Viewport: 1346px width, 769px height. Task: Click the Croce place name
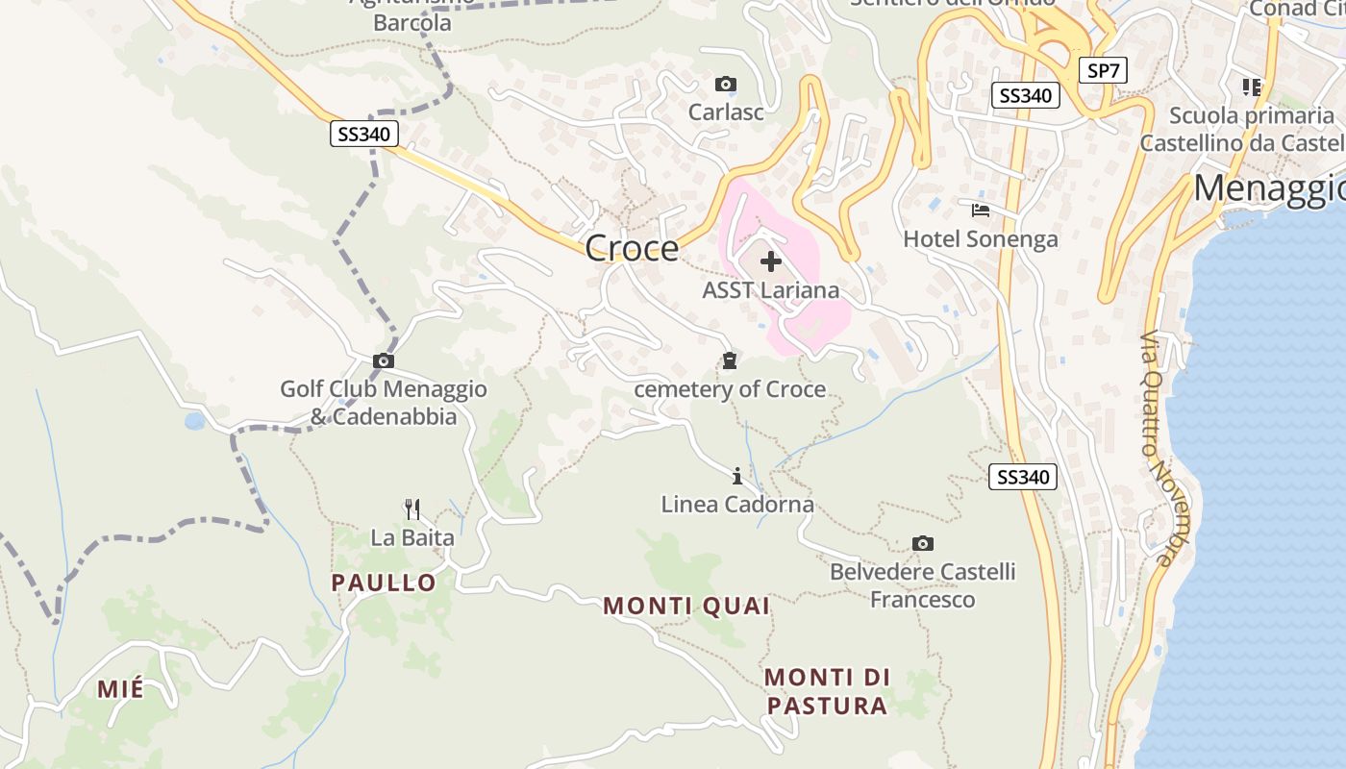[632, 248]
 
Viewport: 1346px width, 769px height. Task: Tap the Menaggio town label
[1269, 188]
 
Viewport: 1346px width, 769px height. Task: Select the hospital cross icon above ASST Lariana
[771, 260]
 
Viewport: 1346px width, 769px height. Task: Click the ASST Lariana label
[770, 290]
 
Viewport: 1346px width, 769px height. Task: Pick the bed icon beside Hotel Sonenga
[981, 210]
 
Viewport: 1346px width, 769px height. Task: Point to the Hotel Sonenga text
[981, 238]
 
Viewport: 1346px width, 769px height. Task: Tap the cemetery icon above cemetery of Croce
[730, 360]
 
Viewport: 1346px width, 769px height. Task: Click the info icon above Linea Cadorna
[737, 476]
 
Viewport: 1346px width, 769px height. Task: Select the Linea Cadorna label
[737, 504]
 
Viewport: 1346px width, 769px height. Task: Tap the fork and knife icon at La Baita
[412, 508]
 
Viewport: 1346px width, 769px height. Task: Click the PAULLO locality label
[384, 583]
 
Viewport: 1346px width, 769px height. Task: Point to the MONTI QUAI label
[686, 606]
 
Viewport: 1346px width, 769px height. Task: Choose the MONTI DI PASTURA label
[826, 691]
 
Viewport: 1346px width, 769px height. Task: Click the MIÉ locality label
[120, 688]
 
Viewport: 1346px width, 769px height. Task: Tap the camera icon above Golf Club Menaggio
[384, 360]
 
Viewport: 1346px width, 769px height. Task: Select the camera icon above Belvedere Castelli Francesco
[923, 544]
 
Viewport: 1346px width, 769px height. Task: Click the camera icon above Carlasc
[726, 85]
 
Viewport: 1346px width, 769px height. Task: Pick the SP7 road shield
[1102, 70]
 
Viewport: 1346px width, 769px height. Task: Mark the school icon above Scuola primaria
[1251, 87]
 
